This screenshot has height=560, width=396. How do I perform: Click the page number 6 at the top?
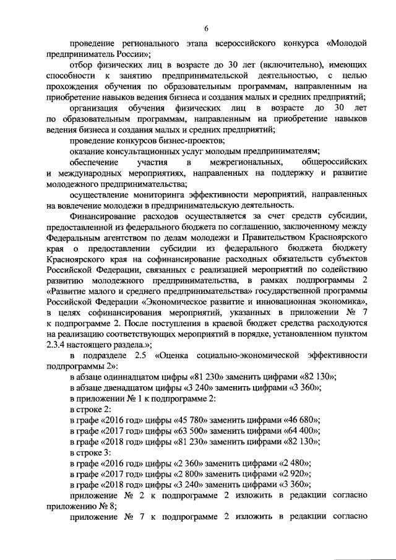207,28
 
